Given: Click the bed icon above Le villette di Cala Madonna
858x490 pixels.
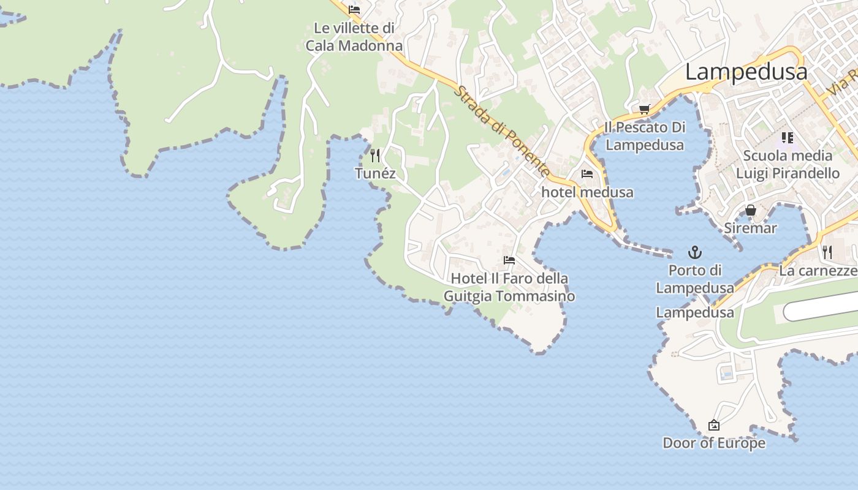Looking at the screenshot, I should click(x=354, y=9).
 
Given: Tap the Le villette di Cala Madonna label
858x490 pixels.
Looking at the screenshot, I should click(x=354, y=37).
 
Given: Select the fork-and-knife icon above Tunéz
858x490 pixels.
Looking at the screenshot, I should click(x=375, y=155).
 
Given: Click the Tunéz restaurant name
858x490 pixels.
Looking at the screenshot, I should click(x=375, y=174).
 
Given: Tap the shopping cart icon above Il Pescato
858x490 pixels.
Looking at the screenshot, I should click(x=644, y=109).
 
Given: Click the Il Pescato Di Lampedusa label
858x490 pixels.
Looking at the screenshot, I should click(x=644, y=136).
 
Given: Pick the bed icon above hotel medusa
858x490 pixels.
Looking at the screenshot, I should click(x=587, y=174).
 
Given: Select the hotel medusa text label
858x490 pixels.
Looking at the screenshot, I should click(x=587, y=192).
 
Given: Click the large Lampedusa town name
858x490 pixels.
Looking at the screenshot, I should click(x=746, y=72).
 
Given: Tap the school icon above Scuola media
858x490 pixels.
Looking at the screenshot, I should click(x=788, y=137).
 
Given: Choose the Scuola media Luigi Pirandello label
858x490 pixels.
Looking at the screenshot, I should click(x=788, y=164).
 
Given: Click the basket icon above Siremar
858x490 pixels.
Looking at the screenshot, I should click(x=750, y=210).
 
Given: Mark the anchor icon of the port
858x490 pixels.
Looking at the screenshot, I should click(x=694, y=252).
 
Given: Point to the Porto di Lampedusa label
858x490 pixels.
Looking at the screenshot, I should click(x=695, y=279).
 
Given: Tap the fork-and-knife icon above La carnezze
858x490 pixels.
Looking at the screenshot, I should click(x=827, y=252).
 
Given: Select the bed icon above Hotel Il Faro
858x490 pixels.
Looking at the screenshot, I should click(x=509, y=260).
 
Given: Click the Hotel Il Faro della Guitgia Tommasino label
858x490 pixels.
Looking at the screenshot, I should click(x=509, y=287).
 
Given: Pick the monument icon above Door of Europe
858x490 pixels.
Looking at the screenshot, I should click(x=713, y=425).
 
